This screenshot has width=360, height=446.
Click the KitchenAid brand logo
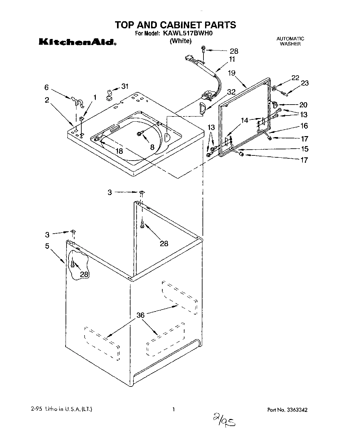[77, 42]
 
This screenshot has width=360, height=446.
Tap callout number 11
[232, 59]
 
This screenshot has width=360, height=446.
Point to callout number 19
[232, 73]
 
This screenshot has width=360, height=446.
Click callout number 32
[231, 91]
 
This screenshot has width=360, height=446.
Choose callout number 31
[124, 86]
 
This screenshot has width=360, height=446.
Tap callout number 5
[47, 246]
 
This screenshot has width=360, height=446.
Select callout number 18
[119, 151]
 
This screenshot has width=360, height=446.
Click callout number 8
[152, 147]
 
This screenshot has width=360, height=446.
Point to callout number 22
[295, 78]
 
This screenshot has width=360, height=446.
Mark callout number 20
[303, 105]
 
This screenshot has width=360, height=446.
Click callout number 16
[304, 126]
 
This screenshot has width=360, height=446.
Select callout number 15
[304, 149]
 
